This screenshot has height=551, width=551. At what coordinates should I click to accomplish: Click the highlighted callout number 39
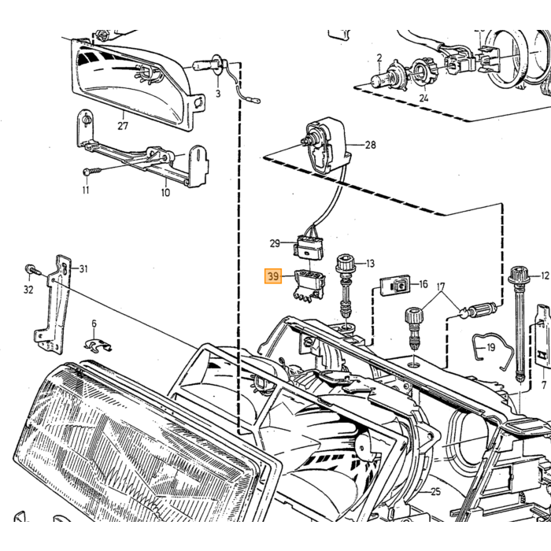point(273,276)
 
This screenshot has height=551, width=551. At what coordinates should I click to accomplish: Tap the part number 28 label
point(371,145)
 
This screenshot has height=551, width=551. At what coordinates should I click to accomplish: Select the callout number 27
point(123,125)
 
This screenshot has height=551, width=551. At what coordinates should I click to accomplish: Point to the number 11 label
point(86,190)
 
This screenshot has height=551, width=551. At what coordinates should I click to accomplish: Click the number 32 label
point(28,290)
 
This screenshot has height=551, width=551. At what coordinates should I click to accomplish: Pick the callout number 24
point(423,98)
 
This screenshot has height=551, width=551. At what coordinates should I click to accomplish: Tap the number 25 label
point(435,491)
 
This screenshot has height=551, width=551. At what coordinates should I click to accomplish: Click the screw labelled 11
point(92,171)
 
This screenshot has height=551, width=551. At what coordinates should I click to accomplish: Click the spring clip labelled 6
point(98,345)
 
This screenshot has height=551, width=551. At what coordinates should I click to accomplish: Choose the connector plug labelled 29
point(309,246)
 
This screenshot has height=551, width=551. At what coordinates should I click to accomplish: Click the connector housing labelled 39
point(309,285)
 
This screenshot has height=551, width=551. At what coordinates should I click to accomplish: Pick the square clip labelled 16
point(394,287)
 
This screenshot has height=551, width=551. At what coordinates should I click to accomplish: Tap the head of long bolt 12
point(519,275)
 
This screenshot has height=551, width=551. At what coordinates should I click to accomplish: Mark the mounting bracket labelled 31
point(54,305)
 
